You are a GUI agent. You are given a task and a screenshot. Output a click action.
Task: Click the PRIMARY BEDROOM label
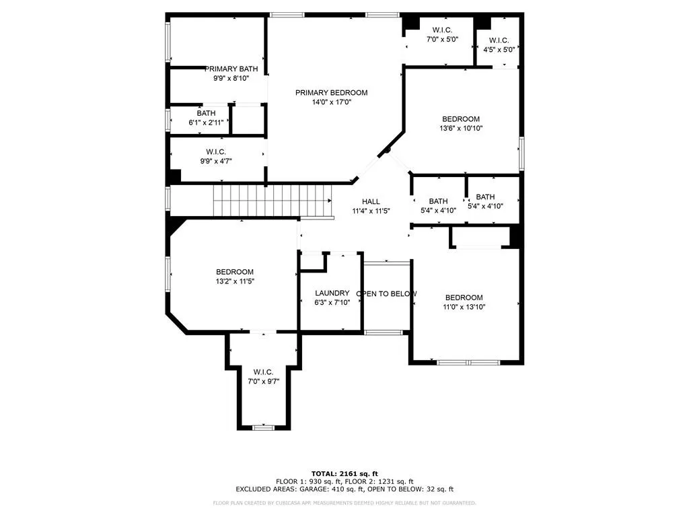point(331,93)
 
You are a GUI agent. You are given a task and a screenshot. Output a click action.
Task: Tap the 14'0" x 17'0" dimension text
point(332,102)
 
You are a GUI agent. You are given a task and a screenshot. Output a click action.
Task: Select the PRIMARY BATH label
point(231,69)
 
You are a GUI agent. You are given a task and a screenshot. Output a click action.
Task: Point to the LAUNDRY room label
point(332,294)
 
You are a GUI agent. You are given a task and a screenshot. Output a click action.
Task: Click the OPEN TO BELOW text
point(386,294)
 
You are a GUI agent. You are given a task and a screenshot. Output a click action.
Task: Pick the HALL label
point(371,202)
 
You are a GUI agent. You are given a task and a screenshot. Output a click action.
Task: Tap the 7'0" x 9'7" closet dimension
point(264,382)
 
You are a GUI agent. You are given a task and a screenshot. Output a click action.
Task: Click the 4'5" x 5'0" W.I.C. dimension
point(499,50)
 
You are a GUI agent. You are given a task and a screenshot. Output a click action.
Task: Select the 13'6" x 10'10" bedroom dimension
point(461,129)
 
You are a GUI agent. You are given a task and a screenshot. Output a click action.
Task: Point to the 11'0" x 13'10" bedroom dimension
point(464,307)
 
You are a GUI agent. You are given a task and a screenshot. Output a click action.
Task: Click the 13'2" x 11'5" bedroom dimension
point(235,281)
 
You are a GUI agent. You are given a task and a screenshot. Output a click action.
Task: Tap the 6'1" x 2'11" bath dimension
point(206,123)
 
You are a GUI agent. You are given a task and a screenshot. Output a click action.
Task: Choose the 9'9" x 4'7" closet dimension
point(216,162)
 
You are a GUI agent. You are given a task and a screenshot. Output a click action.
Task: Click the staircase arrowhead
point(330,201)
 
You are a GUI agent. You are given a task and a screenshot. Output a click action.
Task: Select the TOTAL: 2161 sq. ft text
point(344,473)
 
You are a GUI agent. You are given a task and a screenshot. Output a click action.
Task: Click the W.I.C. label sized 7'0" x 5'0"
point(443,30)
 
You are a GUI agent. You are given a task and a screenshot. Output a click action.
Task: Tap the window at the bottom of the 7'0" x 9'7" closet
point(264,427)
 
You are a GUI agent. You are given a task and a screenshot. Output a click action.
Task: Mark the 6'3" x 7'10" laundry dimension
point(332,302)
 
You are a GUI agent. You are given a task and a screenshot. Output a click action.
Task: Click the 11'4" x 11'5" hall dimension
point(371,211)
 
